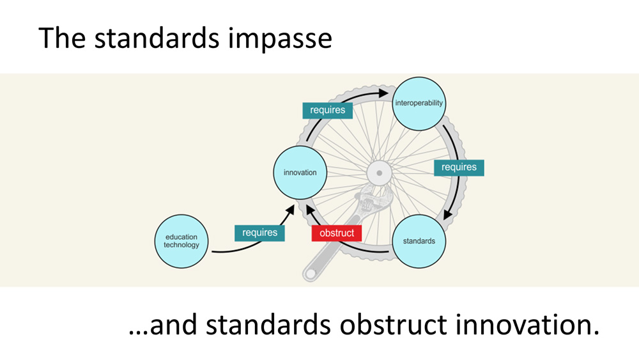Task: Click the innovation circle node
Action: tap(300, 172)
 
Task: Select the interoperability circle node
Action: tap(419, 102)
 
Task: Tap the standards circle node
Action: tap(419, 241)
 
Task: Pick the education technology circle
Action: tap(181, 241)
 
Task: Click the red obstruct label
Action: tap(337, 233)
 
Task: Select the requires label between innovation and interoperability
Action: tap(328, 110)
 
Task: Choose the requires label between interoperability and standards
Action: tap(459, 168)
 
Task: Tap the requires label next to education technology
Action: tap(259, 233)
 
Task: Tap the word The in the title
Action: tap(60, 38)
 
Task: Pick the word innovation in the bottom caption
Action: tap(526, 325)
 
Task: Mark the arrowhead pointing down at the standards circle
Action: tap(448, 214)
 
